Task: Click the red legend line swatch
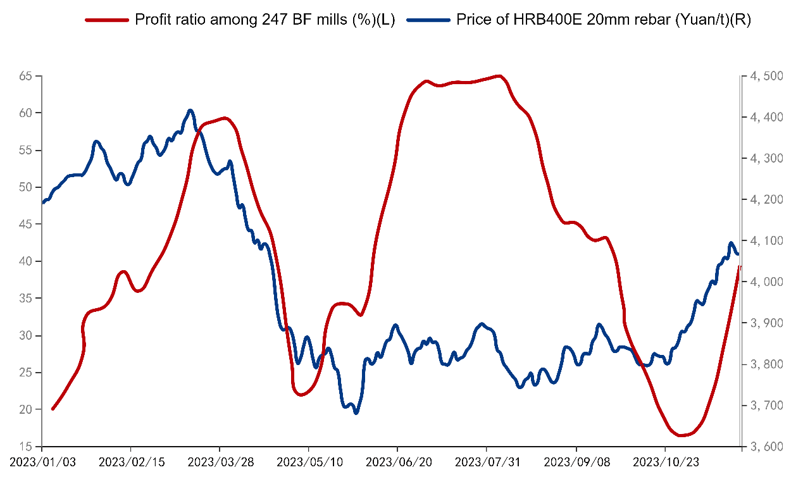coord(107,20)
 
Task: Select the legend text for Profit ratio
coord(265,20)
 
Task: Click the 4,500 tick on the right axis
coord(766,77)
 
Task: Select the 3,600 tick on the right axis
coord(766,447)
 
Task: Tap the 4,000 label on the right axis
coord(766,282)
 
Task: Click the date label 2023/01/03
coord(42,462)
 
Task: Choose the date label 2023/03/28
coord(220,462)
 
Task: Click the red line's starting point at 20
coord(53,409)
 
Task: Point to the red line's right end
coord(740,267)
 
